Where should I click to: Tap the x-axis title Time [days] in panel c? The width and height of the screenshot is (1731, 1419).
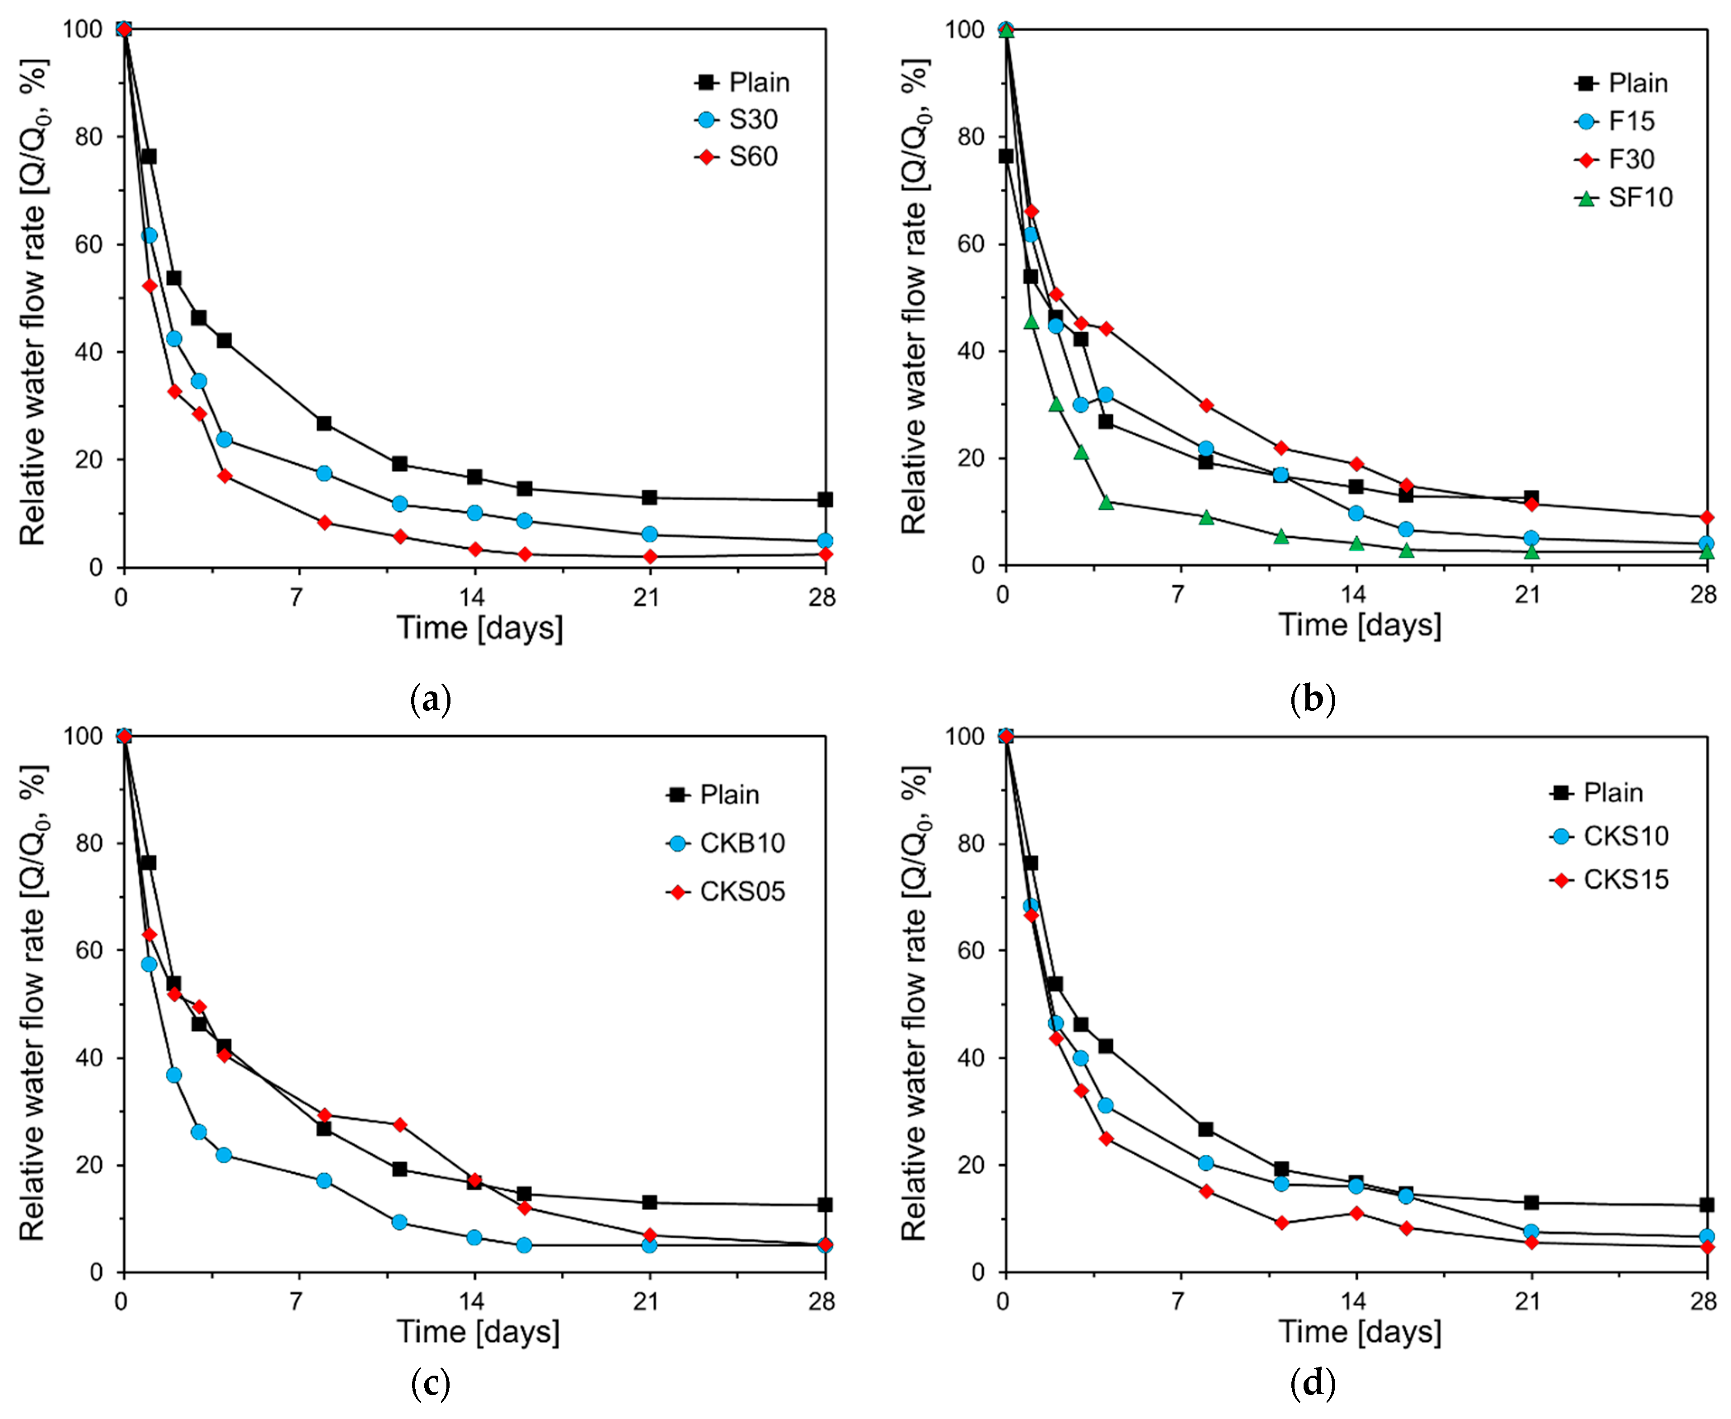pyautogui.click(x=479, y=1332)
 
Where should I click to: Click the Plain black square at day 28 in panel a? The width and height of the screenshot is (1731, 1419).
pyautogui.click(x=826, y=499)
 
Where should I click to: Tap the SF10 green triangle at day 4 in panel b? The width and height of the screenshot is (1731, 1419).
pyautogui.click(x=1106, y=502)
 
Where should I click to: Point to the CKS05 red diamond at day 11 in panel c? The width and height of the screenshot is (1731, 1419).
pyautogui.click(x=399, y=1125)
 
